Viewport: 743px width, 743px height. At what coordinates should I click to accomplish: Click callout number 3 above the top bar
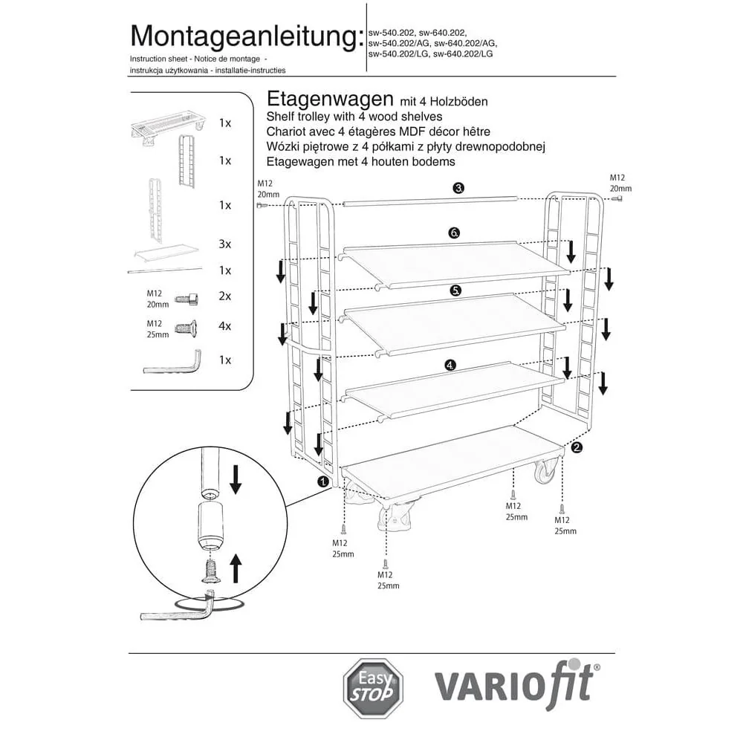459,188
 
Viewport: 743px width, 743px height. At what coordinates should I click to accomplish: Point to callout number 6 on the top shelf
455,233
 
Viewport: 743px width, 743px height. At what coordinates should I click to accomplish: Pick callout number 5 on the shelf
456,291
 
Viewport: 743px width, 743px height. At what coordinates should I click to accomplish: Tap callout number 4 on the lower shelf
450,365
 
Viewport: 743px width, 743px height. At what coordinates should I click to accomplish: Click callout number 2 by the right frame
577,447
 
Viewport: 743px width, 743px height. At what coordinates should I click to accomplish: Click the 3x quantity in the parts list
225,244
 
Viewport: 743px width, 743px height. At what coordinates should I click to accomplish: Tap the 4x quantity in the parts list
225,325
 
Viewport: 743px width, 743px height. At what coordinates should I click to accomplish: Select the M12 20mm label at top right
620,184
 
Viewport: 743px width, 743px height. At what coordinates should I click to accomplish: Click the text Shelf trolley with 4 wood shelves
354,117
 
